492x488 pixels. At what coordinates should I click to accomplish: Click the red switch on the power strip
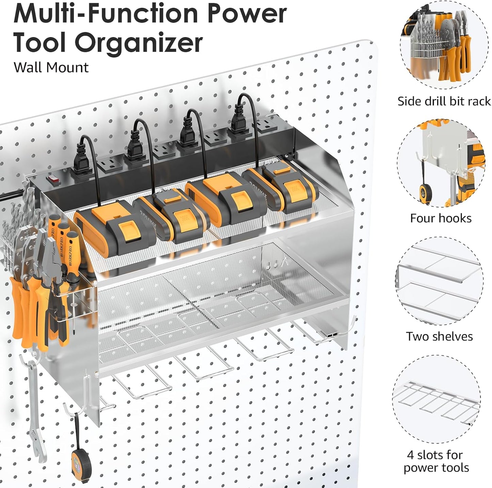tap(52, 179)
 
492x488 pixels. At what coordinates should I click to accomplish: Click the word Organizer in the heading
tap(138, 43)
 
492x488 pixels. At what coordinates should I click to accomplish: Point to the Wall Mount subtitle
tap(51, 67)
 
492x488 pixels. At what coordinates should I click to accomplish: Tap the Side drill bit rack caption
tap(444, 101)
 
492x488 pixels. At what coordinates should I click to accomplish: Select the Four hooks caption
tap(441, 218)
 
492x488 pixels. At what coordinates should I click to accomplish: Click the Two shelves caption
tap(439, 336)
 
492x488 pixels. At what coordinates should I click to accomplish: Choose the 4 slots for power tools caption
tap(436, 461)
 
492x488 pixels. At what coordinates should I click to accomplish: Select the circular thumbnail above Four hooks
tap(441, 164)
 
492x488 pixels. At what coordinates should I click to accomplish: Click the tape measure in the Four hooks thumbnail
tap(425, 193)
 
